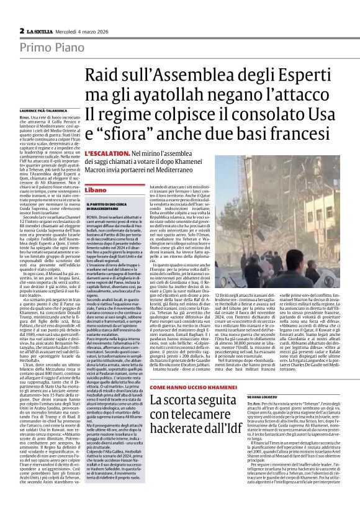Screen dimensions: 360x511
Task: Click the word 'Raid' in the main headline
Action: point(104,76)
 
